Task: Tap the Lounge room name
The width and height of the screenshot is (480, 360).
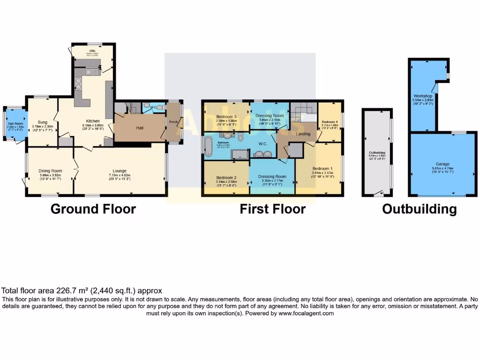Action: pyautogui.click(x=120, y=171)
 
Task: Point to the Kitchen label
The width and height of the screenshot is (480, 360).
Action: pyautogui.click(x=89, y=121)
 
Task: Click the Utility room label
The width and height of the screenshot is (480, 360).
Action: pyautogui.click(x=92, y=51)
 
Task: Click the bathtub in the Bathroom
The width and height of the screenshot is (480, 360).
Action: pyautogui.click(x=208, y=142)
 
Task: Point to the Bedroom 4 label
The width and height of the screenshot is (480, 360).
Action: pyautogui.click(x=330, y=122)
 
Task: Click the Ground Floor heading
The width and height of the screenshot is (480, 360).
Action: pyautogui.click(x=93, y=209)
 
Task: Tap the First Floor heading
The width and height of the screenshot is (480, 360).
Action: pyautogui.click(x=272, y=209)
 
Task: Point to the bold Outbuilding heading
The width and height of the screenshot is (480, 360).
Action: pyautogui.click(x=419, y=209)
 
